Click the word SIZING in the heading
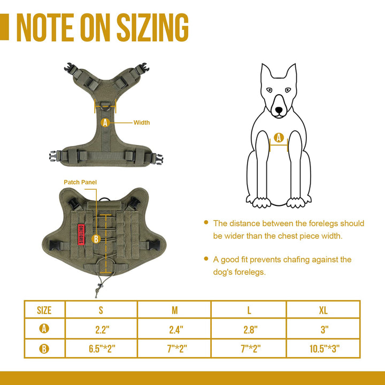152,27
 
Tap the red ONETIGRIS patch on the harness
81,234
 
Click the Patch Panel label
80,182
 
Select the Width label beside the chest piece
142,122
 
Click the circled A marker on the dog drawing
279,137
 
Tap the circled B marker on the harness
96,239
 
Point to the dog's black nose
279,110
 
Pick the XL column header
323,310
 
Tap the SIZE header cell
44,310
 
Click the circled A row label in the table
44,328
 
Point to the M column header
174,310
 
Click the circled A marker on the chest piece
105,122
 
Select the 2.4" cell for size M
176,329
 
